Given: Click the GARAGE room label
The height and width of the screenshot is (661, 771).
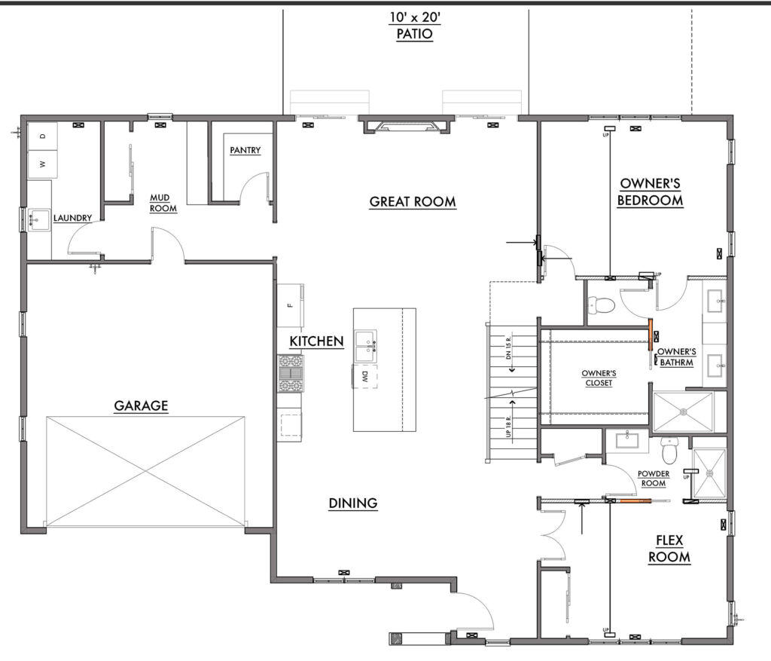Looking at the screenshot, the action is click(x=141, y=405).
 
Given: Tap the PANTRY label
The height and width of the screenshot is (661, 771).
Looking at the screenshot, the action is click(x=245, y=150).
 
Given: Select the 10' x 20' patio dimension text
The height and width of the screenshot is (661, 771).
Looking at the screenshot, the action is click(x=415, y=18).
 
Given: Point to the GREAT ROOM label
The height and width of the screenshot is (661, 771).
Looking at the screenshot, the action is click(x=413, y=201).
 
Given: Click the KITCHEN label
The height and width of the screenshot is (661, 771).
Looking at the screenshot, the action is click(x=316, y=341).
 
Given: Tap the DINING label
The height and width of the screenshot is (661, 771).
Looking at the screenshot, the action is click(x=353, y=503).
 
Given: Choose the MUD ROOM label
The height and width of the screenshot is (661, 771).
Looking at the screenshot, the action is click(x=163, y=203).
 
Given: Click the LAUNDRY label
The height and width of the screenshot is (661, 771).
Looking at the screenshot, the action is click(x=72, y=218).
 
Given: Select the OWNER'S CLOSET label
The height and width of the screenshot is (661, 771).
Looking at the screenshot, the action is click(x=599, y=378).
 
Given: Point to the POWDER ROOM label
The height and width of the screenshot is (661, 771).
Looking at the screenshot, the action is click(x=654, y=479).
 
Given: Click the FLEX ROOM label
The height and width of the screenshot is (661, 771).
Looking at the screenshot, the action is click(x=669, y=549).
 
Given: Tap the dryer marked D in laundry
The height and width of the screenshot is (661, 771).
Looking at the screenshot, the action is click(x=42, y=136).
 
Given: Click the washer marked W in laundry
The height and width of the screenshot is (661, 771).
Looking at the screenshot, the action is click(x=42, y=164).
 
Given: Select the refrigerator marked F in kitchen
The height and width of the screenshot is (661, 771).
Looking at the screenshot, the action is click(x=290, y=305).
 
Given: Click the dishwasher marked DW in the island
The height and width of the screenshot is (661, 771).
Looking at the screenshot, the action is click(x=364, y=377).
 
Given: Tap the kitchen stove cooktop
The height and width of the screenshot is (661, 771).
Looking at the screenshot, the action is click(x=290, y=374).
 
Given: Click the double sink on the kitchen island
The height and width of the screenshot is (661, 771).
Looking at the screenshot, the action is click(x=366, y=347).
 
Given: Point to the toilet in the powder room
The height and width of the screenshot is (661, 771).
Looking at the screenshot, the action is click(x=669, y=451).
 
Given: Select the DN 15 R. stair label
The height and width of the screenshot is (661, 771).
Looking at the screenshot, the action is click(x=508, y=347).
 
